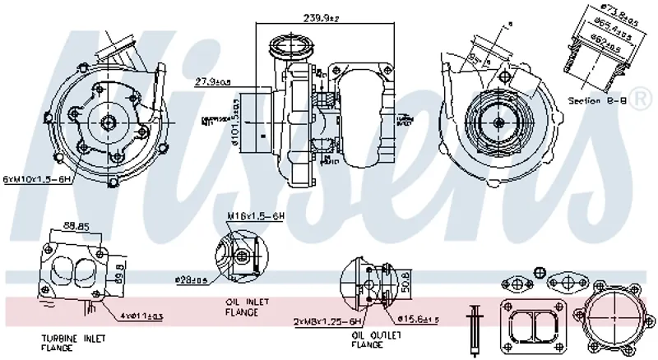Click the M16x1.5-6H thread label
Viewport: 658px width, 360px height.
(x=255, y=215)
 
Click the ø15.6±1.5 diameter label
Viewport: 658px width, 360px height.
(x=419, y=318)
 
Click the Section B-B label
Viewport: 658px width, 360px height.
(x=597, y=101)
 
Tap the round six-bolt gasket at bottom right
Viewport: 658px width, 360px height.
(x=613, y=316)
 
